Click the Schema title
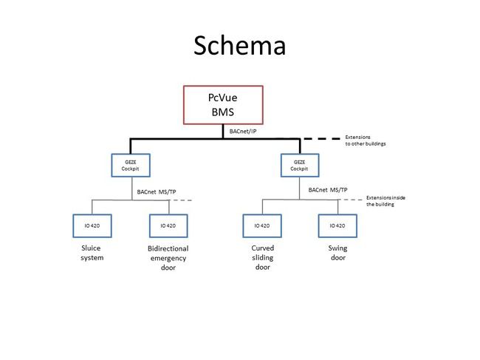click(240, 45)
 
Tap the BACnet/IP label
click(243, 132)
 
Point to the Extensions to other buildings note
click(366, 140)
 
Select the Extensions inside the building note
click(385, 201)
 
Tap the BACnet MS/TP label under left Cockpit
click(157, 192)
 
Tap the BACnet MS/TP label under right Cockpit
click(328, 190)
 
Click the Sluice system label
click(92, 253)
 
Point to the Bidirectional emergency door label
click(168, 258)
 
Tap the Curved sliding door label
click(263, 257)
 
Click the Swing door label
click(338, 253)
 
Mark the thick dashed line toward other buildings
click(321, 139)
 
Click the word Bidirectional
click(168, 248)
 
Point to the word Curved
click(263, 248)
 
